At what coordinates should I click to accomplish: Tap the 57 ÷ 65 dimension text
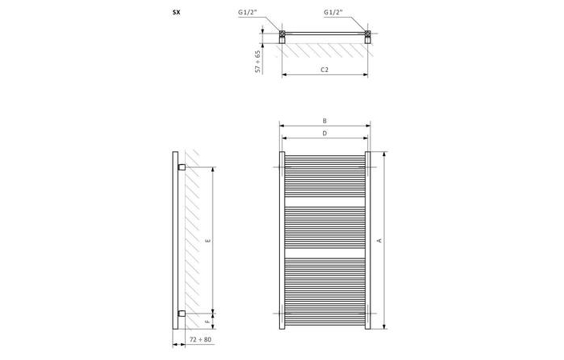(x=258, y=62)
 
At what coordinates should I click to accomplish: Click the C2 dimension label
(x=325, y=71)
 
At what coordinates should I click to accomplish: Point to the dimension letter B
(x=324, y=121)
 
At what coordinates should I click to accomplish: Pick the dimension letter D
(x=324, y=133)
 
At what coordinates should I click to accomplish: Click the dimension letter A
(x=379, y=241)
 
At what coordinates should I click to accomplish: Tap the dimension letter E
(x=207, y=239)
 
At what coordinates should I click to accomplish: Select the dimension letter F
(x=207, y=322)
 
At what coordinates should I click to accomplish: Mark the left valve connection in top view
(x=282, y=35)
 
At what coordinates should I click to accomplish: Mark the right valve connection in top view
(x=367, y=35)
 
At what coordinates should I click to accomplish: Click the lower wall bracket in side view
(x=182, y=313)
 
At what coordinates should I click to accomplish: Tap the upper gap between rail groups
(x=324, y=200)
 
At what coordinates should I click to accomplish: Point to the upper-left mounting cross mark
(x=277, y=167)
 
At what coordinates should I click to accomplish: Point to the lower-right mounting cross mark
(x=371, y=312)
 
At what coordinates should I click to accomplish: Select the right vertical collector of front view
(x=368, y=240)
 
